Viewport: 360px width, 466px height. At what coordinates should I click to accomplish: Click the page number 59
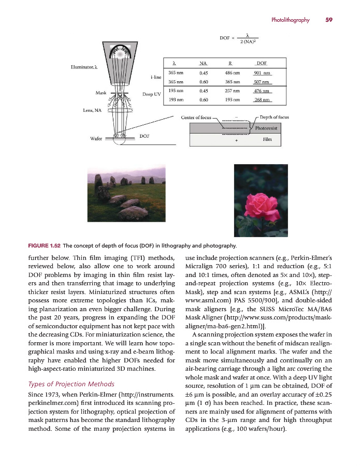[x=329, y=20]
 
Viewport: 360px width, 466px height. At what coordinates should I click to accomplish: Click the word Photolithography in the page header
[x=290, y=20]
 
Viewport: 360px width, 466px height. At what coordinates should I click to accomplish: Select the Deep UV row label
[x=151, y=95]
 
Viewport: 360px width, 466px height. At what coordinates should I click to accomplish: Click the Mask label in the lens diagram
[x=102, y=93]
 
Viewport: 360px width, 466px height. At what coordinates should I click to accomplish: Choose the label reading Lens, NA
[x=92, y=110]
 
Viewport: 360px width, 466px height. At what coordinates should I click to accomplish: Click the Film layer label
[x=267, y=139]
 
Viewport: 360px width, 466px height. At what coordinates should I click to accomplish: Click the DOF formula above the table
[x=239, y=38]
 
